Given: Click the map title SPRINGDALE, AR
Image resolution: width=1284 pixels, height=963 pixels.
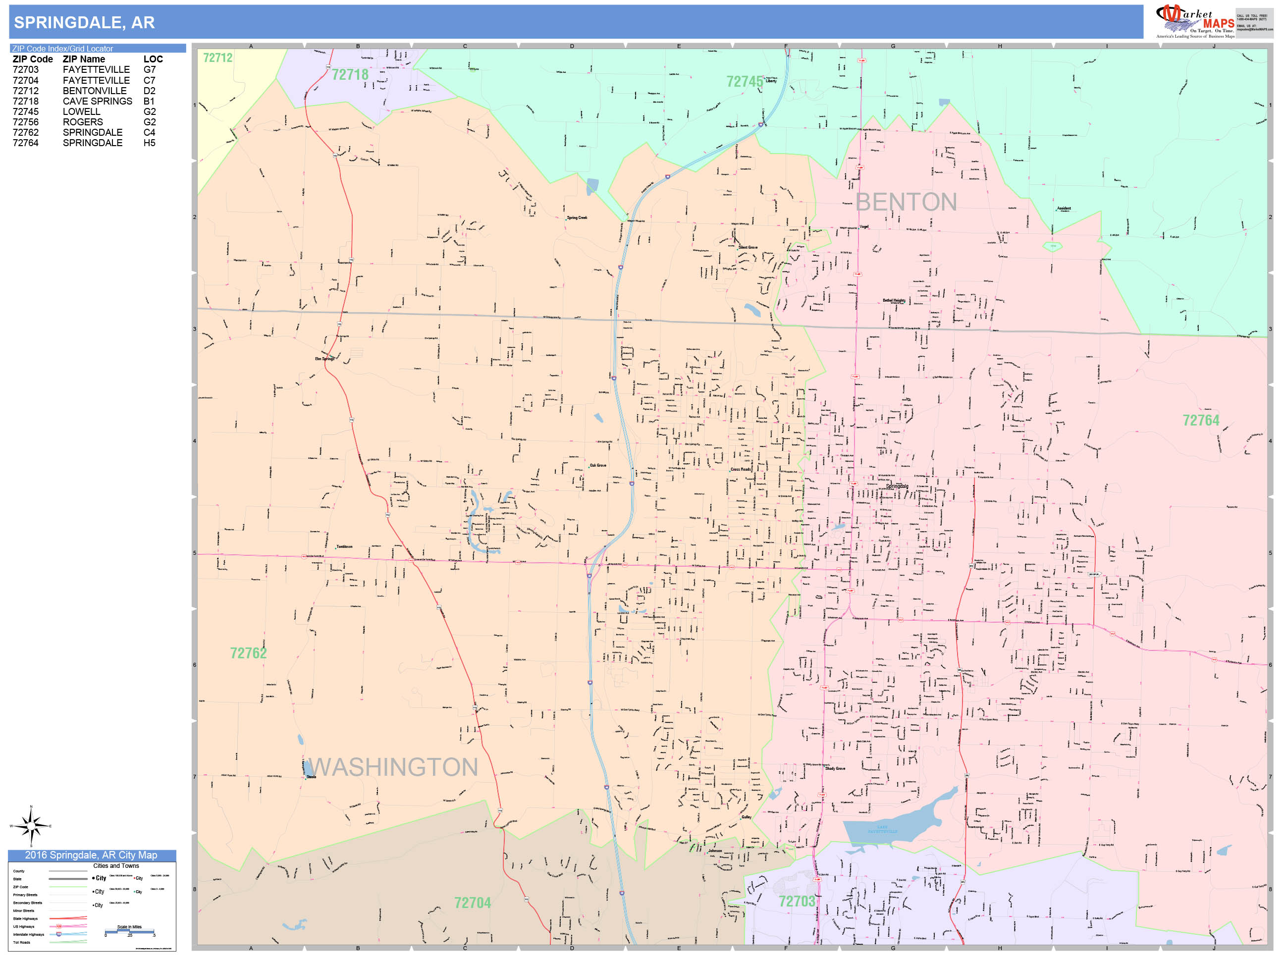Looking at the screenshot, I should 84,23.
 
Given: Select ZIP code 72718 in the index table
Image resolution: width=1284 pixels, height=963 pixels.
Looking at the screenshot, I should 26,101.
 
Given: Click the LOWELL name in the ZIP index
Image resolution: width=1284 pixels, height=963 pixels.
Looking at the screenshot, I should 81,111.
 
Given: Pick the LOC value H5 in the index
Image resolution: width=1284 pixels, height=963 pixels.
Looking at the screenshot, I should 149,143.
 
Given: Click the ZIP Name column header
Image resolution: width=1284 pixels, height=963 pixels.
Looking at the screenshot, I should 84,59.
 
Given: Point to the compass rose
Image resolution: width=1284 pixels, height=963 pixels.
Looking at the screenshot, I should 31,825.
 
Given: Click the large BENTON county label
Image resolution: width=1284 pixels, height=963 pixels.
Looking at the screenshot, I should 906,202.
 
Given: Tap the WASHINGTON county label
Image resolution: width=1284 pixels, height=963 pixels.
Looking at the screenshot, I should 393,767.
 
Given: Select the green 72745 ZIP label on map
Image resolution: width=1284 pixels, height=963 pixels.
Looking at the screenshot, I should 744,82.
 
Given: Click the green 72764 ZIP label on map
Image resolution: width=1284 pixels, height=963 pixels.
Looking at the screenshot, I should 1200,420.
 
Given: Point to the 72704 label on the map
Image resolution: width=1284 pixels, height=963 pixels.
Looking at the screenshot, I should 472,903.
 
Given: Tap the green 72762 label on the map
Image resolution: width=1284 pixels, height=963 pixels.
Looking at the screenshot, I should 249,653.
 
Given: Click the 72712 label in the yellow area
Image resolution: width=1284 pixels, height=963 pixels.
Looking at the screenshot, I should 217,57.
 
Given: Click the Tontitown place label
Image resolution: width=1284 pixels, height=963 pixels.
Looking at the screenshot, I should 344,547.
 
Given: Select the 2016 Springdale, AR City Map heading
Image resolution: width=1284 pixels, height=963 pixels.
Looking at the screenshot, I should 91,855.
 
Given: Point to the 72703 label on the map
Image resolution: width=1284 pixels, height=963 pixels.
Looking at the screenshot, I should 797,902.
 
